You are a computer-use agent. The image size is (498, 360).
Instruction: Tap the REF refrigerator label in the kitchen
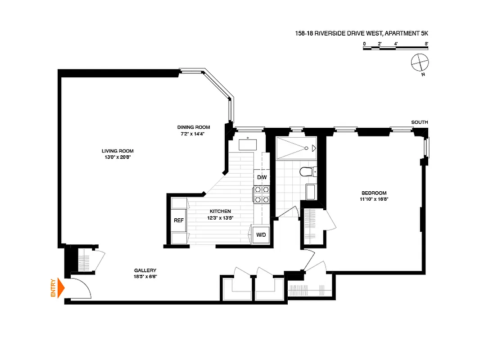click(179, 220)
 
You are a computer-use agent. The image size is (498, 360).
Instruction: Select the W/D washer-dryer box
click(261, 234)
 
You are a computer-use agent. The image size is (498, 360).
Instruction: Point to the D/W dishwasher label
click(262, 177)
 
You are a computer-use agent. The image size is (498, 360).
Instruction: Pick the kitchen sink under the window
click(247, 144)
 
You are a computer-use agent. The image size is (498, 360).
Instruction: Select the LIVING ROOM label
click(118, 151)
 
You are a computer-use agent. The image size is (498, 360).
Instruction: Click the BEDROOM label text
click(374, 193)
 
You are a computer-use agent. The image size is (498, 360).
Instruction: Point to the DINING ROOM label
click(193, 127)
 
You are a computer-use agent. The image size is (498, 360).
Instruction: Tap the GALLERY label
click(145, 270)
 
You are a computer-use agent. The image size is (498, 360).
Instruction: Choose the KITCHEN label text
click(220, 211)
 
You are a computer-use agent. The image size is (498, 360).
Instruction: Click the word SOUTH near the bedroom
click(419, 122)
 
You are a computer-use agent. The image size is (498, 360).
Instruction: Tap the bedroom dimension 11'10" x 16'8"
click(374, 199)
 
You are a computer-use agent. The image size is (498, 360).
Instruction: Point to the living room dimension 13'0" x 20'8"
click(118, 157)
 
